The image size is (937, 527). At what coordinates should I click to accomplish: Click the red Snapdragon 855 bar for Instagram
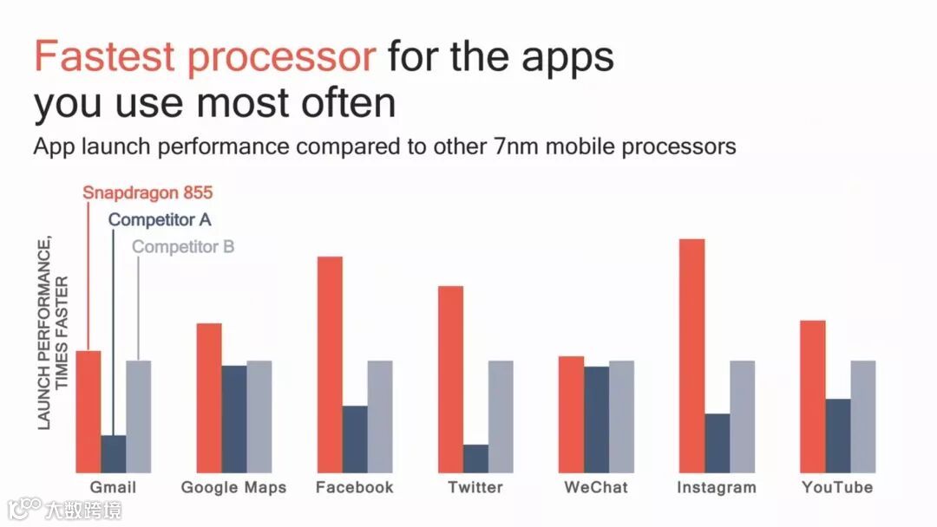[692, 355]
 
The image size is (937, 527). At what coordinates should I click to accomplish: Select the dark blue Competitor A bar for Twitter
[475, 459]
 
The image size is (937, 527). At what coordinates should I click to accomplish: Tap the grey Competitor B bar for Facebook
[380, 417]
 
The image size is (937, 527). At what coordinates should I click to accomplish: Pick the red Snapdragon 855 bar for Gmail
[88, 412]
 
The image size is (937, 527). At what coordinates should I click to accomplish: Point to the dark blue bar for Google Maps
[234, 419]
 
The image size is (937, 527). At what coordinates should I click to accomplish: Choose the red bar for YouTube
[813, 397]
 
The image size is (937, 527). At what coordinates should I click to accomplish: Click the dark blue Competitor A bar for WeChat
[596, 420]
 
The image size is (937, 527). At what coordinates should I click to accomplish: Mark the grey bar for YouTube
[863, 417]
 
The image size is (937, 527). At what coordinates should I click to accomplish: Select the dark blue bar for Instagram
[717, 444]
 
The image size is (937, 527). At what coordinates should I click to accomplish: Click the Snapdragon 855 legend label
[147, 192]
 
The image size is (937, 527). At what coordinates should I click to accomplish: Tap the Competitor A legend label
[160, 219]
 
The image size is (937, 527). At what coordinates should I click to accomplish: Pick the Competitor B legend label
[183, 246]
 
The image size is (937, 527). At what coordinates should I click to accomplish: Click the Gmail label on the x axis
[113, 487]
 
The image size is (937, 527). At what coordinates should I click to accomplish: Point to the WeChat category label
[596, 487]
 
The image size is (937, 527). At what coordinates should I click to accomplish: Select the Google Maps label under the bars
[233, 488]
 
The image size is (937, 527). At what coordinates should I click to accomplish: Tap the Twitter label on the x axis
[475, 487]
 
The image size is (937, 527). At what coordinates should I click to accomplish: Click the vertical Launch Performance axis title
[53, 333]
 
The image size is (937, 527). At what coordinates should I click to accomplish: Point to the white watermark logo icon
[24, 508]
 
